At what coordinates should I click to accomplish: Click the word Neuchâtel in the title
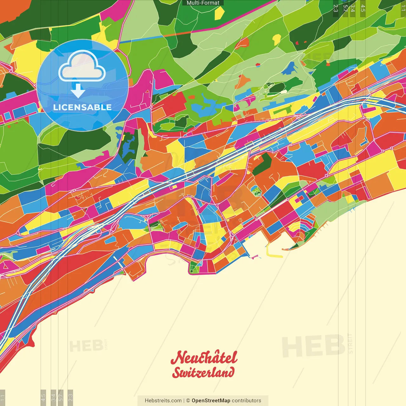click(204, 357)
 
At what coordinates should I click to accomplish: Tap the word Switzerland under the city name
click(203, 372)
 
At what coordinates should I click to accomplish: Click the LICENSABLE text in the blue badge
click(82, 107)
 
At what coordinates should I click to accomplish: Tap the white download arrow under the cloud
click(78, 91)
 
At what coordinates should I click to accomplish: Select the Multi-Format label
click(203, 3)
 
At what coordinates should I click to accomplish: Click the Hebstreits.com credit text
click(163, 401)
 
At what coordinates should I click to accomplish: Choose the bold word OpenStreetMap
click(211, 401)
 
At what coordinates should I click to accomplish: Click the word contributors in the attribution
click(246, 401)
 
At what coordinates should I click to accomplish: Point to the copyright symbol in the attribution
click(188, 401)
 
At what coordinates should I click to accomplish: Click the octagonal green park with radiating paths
click(256, 191)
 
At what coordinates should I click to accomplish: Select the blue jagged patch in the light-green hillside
click(290, 68)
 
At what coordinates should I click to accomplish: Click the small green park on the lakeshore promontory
click(195, 268)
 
